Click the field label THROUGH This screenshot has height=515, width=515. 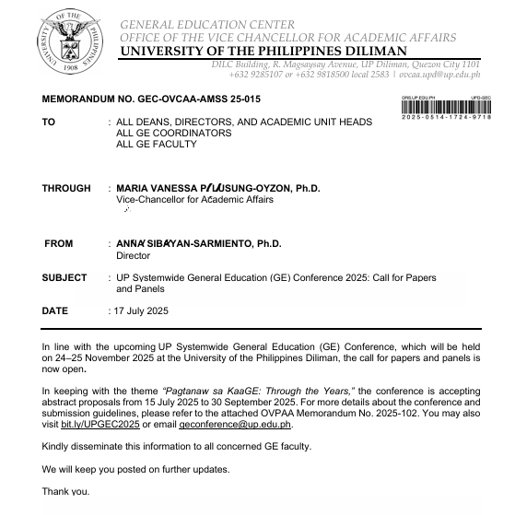[x=66, y=188]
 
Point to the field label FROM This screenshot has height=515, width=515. [x=59, y=244]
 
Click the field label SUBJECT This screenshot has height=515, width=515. [x=64, y=277]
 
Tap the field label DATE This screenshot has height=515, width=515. [x=55, y=310]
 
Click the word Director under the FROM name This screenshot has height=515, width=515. [x=132, y=255]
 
